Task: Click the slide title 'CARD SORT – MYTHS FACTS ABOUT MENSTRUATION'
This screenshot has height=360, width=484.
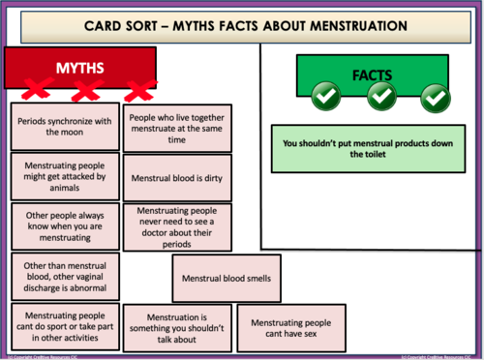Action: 242,23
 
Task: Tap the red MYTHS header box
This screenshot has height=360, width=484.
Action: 81,68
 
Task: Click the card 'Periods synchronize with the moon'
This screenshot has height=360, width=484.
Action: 62,127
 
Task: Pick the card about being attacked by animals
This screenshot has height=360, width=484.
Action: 62,177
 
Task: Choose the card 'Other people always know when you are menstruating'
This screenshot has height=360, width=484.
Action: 62,226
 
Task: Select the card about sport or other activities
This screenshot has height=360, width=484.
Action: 62,325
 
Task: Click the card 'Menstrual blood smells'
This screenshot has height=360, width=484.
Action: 227,280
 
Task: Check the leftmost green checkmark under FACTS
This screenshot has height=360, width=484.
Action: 327,95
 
